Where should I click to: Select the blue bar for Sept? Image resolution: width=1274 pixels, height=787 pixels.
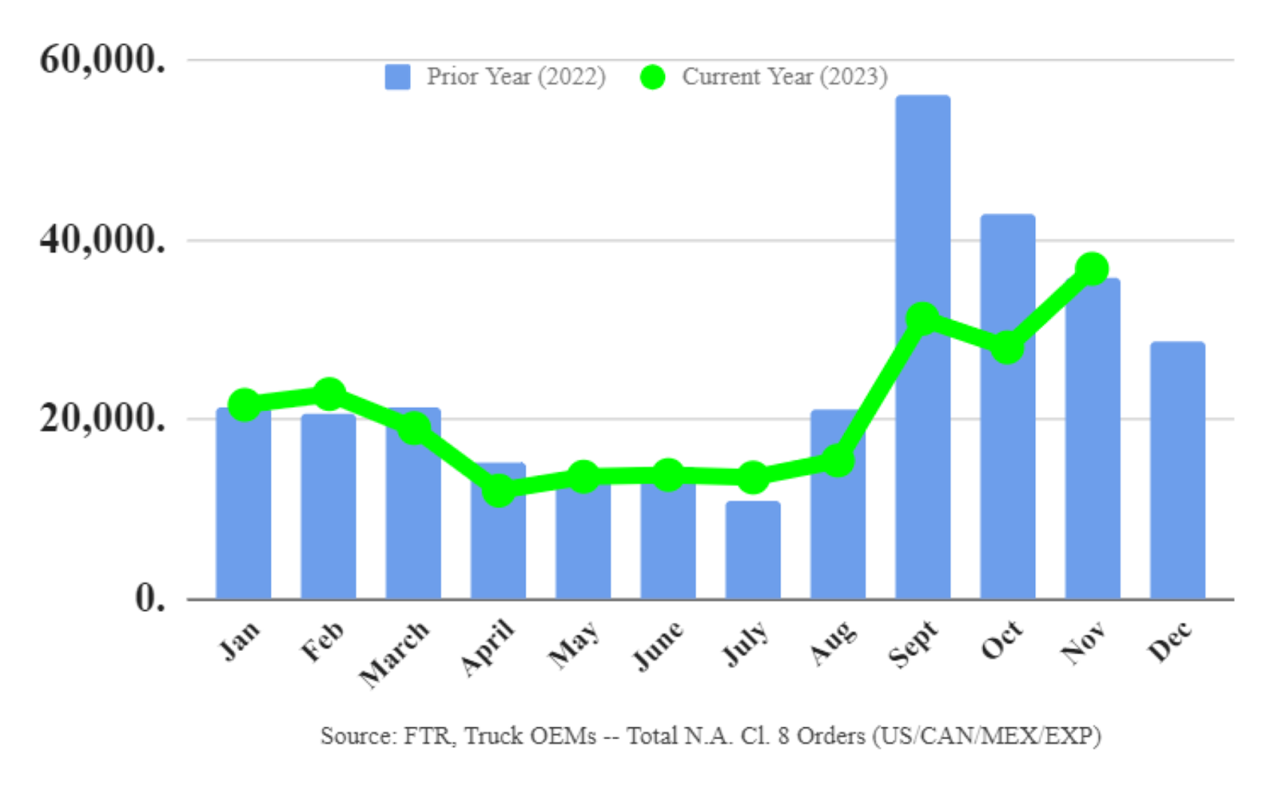922,446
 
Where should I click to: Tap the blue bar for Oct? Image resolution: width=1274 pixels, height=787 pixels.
1007,478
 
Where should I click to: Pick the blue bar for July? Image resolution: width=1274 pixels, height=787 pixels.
752,550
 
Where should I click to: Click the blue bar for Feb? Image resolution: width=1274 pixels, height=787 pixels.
328,510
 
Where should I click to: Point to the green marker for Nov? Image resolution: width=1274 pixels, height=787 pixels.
1092,269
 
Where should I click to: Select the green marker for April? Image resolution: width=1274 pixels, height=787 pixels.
498,490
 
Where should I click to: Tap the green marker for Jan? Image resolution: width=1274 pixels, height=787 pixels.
244,405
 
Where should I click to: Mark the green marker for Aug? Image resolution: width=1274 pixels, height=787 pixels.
837,460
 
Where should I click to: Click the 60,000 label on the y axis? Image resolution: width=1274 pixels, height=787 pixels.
103,59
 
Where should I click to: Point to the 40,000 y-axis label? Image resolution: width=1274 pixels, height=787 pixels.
103,239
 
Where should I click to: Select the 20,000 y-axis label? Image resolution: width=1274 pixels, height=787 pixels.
103,418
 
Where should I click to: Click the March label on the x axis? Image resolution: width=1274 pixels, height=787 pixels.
395,653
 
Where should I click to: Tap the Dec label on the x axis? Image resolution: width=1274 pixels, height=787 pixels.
1170,641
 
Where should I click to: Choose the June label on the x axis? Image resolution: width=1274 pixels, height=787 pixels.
658,645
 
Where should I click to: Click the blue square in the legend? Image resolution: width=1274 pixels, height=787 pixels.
397,77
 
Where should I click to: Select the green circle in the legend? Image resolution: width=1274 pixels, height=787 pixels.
652,77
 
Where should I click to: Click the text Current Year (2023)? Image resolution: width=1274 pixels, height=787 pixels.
784,76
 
